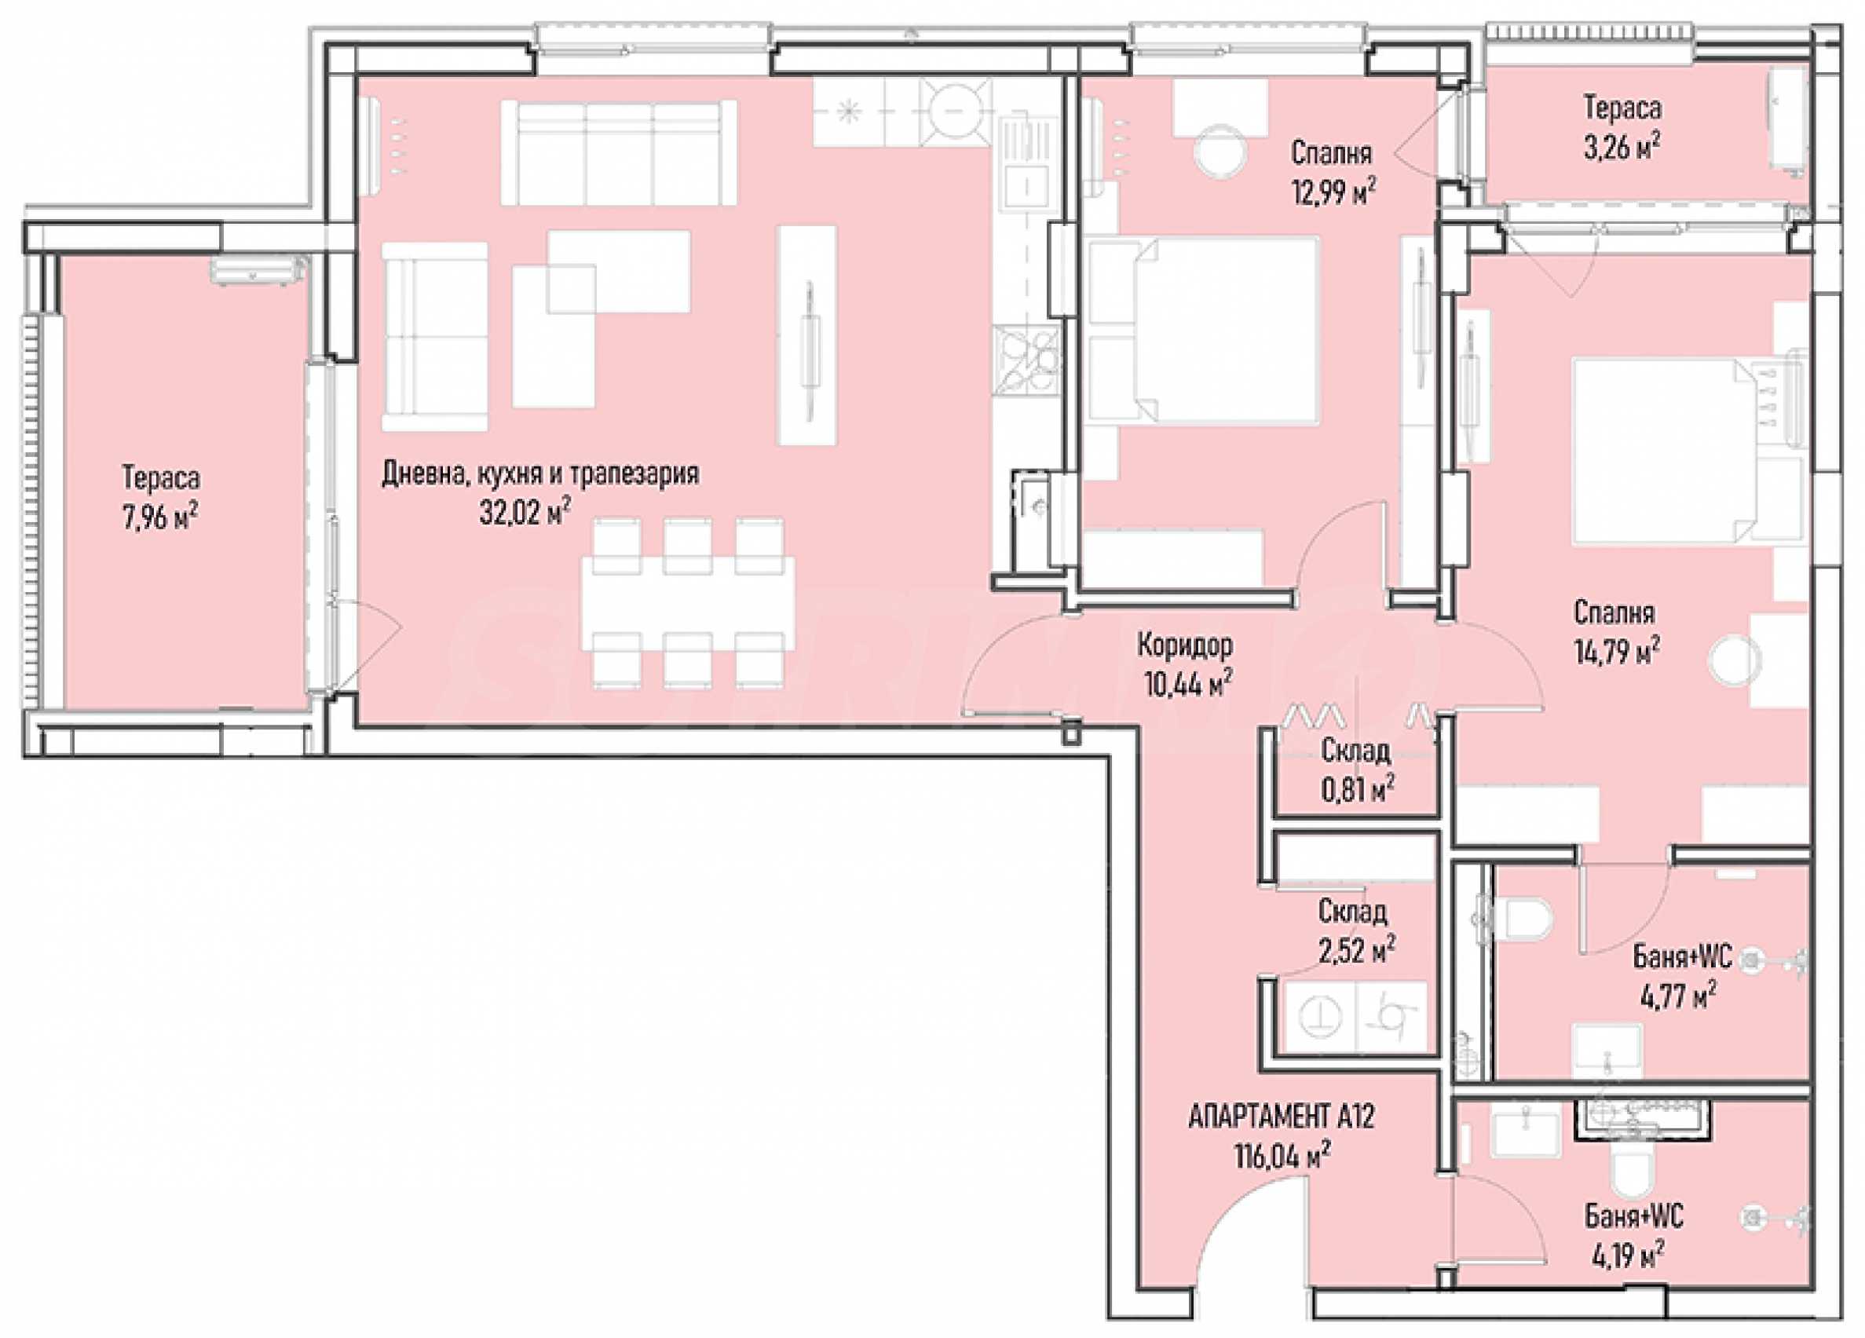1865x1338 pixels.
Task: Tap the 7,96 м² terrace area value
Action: (160, 518)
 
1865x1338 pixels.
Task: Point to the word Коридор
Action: (1185, 646)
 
